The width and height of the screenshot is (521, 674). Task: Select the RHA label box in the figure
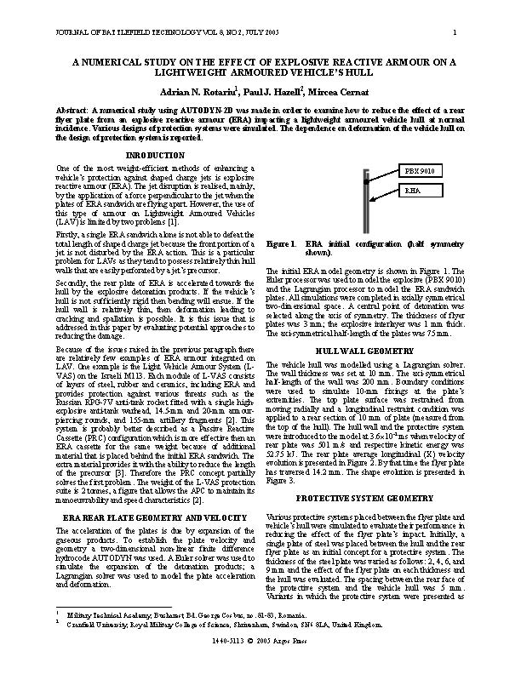415,192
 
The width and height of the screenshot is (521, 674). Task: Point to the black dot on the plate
366,180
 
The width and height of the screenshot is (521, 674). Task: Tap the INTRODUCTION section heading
155,155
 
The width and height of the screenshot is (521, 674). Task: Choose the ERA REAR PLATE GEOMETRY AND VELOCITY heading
155,517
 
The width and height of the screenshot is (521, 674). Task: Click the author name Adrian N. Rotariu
196,90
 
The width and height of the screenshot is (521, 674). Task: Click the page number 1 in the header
455,33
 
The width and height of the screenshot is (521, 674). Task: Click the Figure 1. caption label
282,243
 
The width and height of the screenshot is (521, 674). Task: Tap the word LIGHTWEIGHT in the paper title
186,73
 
